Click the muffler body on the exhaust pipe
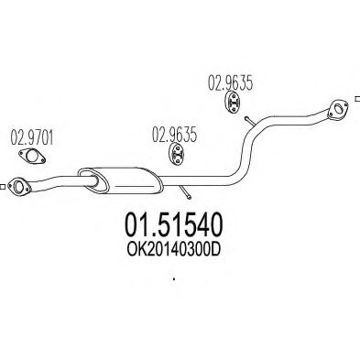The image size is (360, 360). click(x=119, y=175)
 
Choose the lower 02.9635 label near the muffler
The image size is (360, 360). click(x=170, y=140)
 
